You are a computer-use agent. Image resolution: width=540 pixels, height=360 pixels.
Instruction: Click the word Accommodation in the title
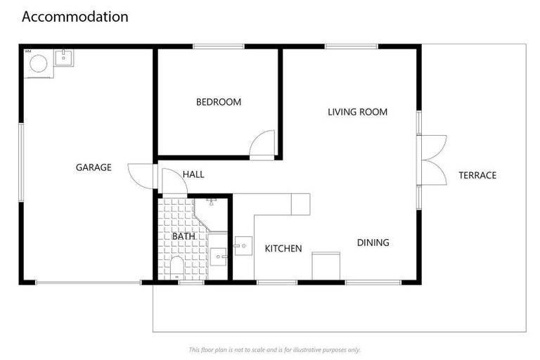[75, 16]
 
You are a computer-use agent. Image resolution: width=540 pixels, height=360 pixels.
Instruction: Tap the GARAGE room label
[94, 167]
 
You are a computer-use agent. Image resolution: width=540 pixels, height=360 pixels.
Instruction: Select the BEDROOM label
[218, 102]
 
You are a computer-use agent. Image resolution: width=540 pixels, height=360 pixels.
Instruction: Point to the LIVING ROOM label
[357, 112]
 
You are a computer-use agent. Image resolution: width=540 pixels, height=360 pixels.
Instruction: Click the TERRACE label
[477, 175]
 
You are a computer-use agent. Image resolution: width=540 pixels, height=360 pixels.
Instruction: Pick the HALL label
[193, 174]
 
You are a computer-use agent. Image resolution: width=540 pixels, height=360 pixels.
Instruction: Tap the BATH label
[184, 236]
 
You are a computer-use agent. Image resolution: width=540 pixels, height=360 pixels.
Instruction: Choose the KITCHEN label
[283, 248]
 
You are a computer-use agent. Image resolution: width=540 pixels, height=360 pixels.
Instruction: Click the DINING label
[373, 243]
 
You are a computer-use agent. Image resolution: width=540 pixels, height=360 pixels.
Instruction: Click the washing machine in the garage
[38, 64]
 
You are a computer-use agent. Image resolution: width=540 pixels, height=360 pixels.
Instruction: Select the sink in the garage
[64, 57]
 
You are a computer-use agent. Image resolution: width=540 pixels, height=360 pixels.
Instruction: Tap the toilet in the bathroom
[176, 267]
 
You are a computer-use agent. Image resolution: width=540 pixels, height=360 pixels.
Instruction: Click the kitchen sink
[243, 246]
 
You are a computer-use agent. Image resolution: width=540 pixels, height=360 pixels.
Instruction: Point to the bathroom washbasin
[218, 257]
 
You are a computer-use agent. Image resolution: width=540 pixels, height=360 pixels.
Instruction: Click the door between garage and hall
[143, 175]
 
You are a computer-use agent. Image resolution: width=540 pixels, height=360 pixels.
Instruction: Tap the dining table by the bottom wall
[326, 265]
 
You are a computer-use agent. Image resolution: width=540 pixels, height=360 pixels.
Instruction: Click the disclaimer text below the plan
[274, 349]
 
